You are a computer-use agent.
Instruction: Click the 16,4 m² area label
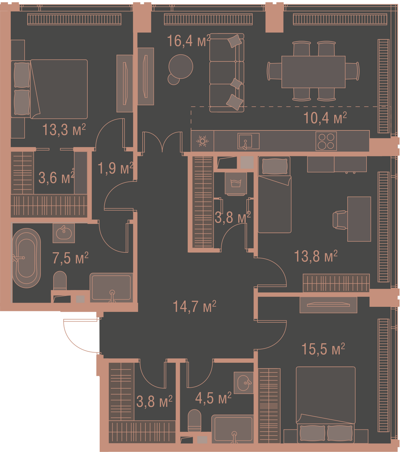tap(189, 41)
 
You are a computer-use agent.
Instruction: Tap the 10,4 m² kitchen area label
tap(325, 118)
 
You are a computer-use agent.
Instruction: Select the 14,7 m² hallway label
tap(194, 306)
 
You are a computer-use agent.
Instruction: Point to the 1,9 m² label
tap(116, 168)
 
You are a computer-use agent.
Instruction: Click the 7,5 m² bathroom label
tap(70, 258)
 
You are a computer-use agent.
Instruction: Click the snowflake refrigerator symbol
tap(202, 141)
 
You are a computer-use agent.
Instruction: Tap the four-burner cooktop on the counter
tap(326, 141)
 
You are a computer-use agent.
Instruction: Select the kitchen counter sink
tap(248, 141)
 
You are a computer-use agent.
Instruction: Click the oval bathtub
tap(27, 258)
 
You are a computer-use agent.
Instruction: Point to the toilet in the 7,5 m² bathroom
tap(60, 281)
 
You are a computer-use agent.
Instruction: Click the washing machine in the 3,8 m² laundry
tap(236, 184)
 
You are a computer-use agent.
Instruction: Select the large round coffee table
tap(181, 67)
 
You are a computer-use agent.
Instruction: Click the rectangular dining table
tap(313, 72)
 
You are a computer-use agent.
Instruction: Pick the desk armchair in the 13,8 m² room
tap(339, 220)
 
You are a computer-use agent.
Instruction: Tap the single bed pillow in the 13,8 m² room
tap(275, 166)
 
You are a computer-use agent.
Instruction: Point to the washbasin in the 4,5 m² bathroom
tap(243, 383)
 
